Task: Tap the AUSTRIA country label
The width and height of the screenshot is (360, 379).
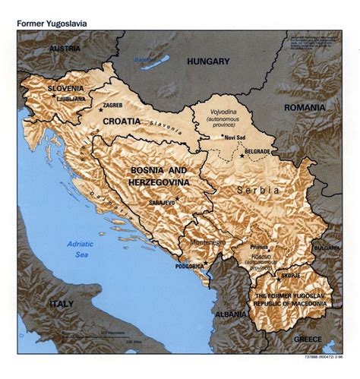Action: (65, 48)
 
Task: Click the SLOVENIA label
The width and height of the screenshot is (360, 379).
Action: (65, 88)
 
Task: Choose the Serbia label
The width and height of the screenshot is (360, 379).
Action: (257, 190)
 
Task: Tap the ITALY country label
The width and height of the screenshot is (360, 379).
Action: (62, 304)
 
